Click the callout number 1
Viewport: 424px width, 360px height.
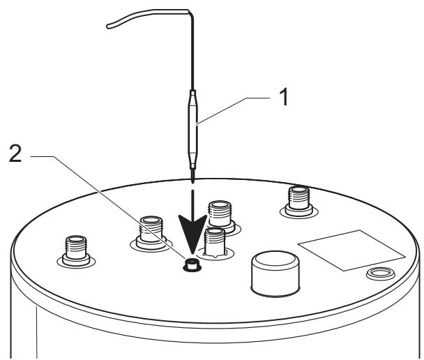tap(284, 98)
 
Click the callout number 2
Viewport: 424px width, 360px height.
tap(15, 153)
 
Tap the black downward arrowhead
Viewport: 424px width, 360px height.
tap(192, 230)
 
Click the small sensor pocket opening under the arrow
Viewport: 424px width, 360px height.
tap(192, 264)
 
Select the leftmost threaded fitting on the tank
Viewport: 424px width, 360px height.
tap(76, 251)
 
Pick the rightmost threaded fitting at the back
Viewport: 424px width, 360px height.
tap(298, 201)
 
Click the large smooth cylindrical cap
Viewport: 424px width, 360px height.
tap(275, 273)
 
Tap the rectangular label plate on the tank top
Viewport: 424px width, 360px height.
tap(351, 250)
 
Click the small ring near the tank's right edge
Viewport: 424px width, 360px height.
tap(381, 273)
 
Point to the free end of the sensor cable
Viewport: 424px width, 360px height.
tap(108, 27)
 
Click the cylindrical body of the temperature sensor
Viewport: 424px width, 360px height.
tap(192, 130)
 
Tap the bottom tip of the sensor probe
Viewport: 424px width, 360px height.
tap(192, 182)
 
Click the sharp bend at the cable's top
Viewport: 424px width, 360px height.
tap(190, 12)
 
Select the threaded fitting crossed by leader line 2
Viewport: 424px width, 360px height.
tap(151, 233)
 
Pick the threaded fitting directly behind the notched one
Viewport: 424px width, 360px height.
tap(220, 215)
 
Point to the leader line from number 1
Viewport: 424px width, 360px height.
tap(233, 110)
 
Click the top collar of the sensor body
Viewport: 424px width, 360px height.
tap(192, 93)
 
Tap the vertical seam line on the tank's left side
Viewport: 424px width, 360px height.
tap(36, 332)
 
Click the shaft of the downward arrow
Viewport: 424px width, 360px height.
tap(192, 204)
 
